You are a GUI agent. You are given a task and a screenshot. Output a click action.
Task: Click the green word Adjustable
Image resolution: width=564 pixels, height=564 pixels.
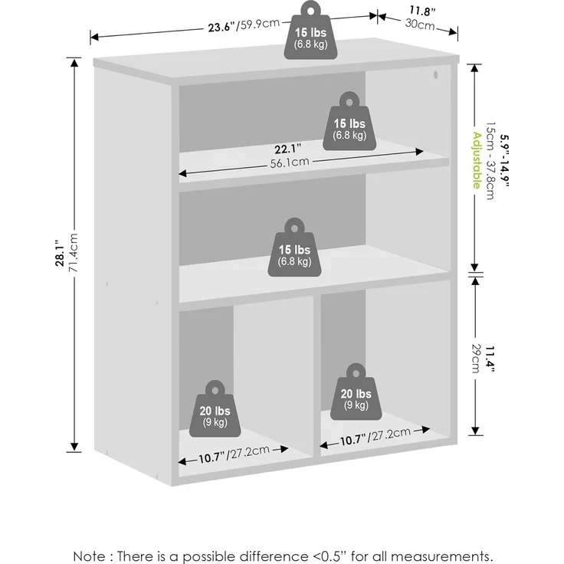tap(477, 160)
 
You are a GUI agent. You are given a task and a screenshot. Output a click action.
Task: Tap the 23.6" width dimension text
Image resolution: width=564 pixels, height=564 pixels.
tap(221, 28)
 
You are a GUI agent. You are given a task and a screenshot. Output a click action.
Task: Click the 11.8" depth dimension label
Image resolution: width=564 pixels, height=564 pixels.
tap(422, 11)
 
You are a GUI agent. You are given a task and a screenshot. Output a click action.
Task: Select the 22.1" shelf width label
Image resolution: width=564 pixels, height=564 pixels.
tap(288, 148)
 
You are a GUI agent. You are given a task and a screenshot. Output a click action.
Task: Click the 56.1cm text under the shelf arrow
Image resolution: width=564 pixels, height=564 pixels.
tap(290, 162)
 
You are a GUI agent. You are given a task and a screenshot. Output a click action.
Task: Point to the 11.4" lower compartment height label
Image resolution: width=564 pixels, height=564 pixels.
tap(490, 359)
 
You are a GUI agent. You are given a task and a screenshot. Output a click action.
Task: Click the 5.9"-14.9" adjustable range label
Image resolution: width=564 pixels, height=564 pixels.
tap(505, 160)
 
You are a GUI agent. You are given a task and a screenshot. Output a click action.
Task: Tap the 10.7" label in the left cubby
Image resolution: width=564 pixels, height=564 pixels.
tap(212, 458)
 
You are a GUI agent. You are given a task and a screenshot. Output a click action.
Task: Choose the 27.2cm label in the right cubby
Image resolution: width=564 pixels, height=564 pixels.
tap(392, 434)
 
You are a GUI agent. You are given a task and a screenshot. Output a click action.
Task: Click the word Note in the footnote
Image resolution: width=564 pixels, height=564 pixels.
tap(89, 556)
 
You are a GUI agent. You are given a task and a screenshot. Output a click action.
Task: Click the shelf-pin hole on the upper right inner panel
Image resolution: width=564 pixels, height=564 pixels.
tap(435, 75)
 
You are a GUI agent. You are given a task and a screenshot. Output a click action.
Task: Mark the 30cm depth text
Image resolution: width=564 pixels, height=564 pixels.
tap(420, 25)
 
